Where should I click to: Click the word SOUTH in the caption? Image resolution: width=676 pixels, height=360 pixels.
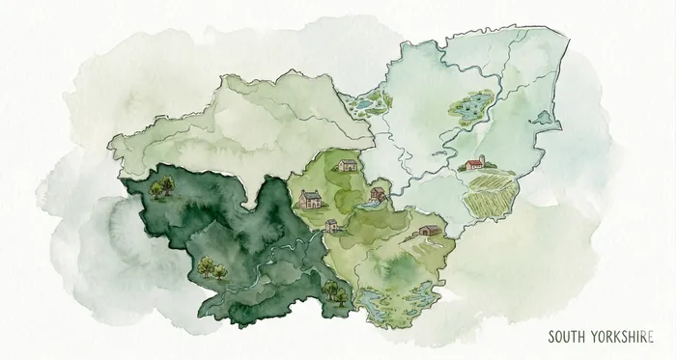tap(568, 338)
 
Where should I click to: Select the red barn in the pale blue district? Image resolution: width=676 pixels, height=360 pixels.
tap(474, 164)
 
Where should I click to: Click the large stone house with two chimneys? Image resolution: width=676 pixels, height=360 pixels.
tap(309, 200)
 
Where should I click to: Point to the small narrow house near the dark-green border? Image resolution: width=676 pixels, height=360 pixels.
tap(332, 227)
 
